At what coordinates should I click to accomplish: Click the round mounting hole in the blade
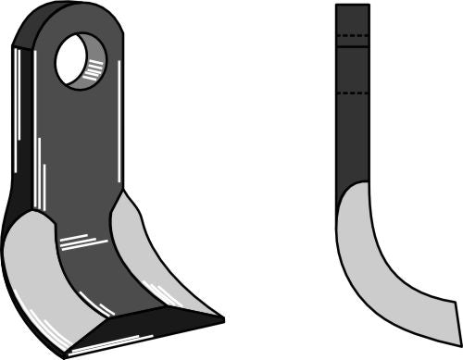(x=80, y=60)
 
